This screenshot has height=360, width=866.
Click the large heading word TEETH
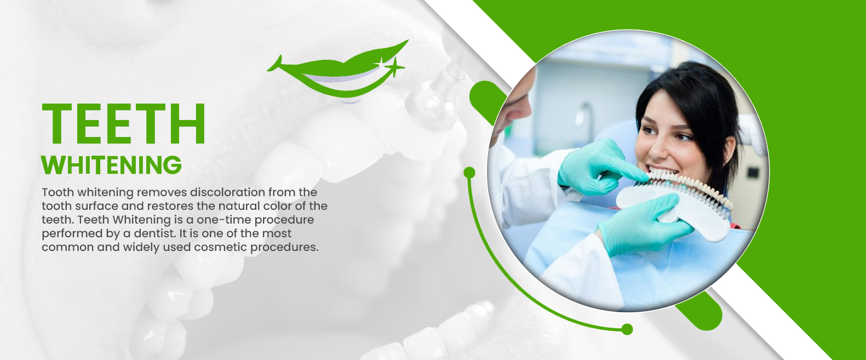[x=123, y=124]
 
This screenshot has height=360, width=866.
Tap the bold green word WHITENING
[x=112, y=165]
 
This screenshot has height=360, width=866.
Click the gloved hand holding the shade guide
[x=644, y=224]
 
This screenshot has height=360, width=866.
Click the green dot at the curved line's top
[x=469, y=173]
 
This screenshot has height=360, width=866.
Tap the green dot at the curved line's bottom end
[x=627, y=329]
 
